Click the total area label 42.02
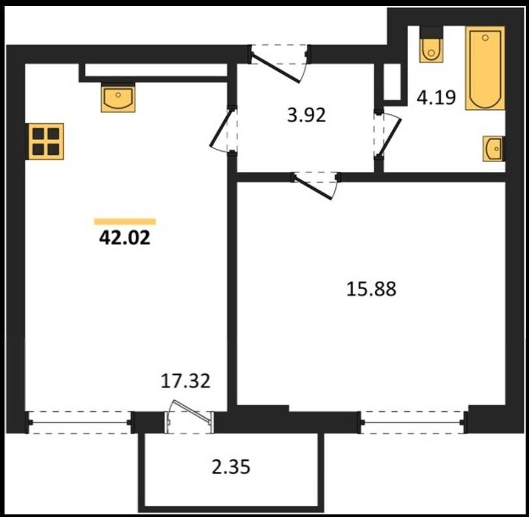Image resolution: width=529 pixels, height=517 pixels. tap(125, 238)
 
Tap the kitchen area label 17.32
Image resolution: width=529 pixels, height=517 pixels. tap(185, 381)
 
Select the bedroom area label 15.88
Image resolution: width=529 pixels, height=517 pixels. tap(371, 290)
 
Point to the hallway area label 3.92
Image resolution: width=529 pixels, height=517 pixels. tap(306, 115)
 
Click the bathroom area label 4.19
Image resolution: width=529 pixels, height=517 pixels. tap(436, 98)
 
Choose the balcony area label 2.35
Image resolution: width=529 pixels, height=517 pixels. tap(231, 467)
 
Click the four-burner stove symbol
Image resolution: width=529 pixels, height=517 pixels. tap(46, 141)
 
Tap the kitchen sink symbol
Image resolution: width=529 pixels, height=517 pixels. tap(118, 97)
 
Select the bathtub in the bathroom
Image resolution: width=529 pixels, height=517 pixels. tap(485, 68)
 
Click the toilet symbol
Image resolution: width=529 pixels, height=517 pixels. tap(431, 45)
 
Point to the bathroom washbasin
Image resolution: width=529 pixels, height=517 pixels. tap(494, 148)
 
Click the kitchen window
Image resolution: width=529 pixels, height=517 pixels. tap(79, 422)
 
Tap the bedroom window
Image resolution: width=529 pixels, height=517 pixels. tap(413, 422)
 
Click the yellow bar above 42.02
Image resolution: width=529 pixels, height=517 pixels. tap(125, 222)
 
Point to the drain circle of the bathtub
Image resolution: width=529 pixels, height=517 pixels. tap(485, 38)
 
